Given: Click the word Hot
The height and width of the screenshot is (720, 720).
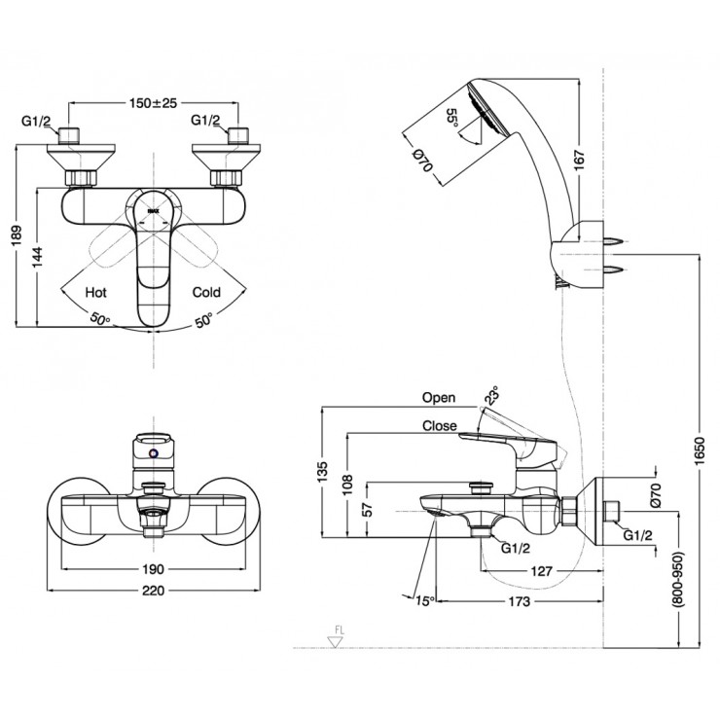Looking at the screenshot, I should tap(96, 291).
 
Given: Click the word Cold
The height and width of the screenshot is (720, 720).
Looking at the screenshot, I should tap(206, 291).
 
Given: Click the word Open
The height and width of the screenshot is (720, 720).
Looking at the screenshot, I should tap(439, 398).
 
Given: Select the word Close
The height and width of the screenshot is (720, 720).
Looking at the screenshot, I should tap(440, 425).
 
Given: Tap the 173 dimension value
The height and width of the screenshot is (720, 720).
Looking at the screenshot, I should tap(518, 602).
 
